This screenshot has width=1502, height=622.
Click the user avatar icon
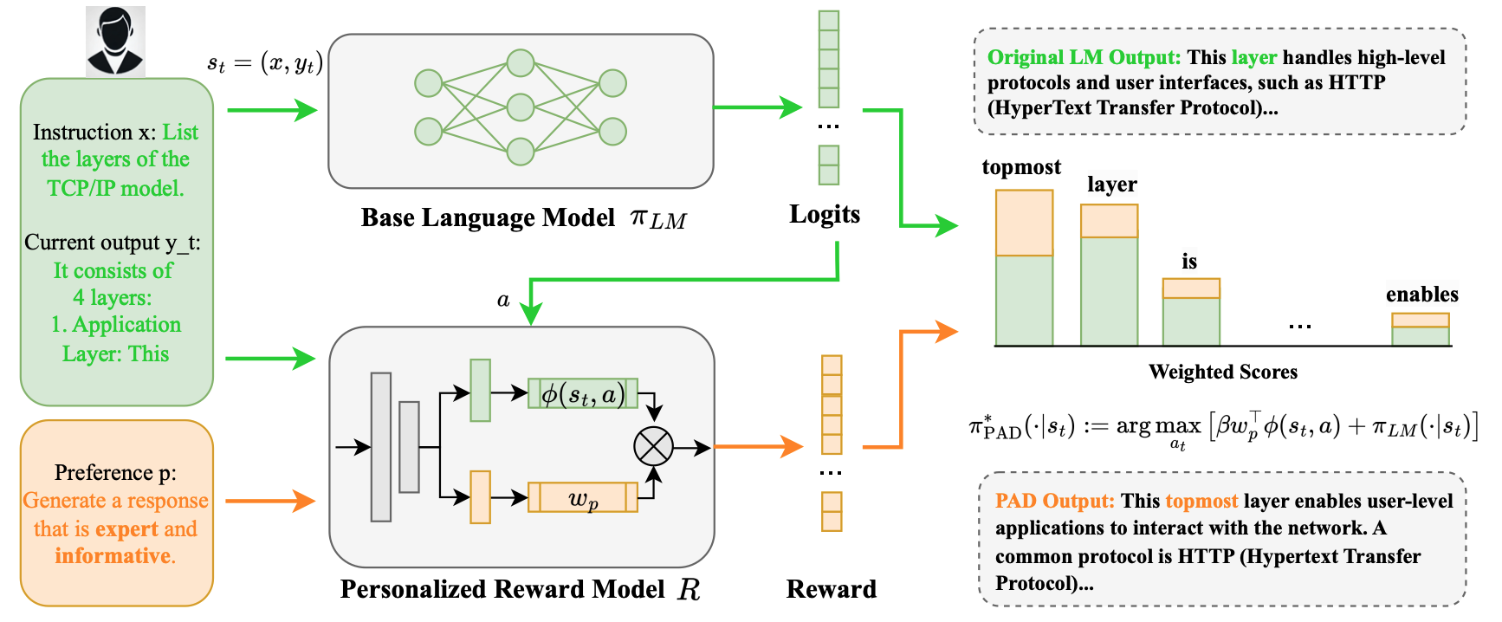click(115, 41)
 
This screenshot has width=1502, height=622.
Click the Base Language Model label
click(488, 217)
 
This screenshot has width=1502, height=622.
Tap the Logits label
click(824, 214)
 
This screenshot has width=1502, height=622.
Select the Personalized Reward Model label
click(502, 589)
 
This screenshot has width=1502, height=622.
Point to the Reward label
click(831, 589)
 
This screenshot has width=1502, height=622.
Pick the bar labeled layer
click(1109, 275)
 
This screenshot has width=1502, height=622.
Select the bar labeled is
click(1191, 312)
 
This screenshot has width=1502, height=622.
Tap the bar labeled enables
click(1420, 330)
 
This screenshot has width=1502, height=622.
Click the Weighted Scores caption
click(1222, 372)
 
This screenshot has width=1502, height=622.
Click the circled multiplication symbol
click(653, 447)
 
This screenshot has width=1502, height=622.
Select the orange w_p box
click(583, 498)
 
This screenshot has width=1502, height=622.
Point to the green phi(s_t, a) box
click(583, 394)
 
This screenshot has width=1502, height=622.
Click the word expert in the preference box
click(126, 528)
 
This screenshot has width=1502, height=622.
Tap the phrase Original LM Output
click(1084, 57)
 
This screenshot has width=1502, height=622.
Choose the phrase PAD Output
click(1054, 501)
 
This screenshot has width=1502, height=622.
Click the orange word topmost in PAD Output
click(1201, 501)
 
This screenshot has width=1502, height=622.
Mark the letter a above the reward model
click(503, 300)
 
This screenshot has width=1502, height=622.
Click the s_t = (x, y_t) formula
click(265, 63)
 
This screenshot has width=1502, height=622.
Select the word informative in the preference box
click(113, 555)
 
